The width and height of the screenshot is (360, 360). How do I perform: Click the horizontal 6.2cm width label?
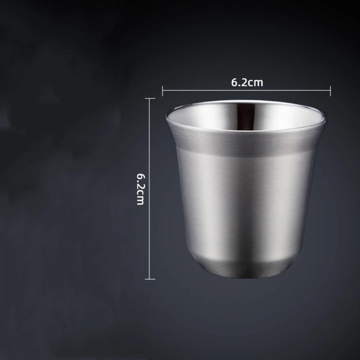point(246,82)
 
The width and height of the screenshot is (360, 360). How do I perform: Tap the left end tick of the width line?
point(162,90)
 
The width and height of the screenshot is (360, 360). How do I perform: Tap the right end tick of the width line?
point(330,90)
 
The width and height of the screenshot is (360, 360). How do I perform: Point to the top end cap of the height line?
point(150,99)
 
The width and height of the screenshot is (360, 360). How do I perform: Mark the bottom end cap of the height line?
point(150,278)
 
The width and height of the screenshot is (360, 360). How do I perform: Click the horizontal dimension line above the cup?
point(280,90)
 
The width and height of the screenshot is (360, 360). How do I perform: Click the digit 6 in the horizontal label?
point(234,82)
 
